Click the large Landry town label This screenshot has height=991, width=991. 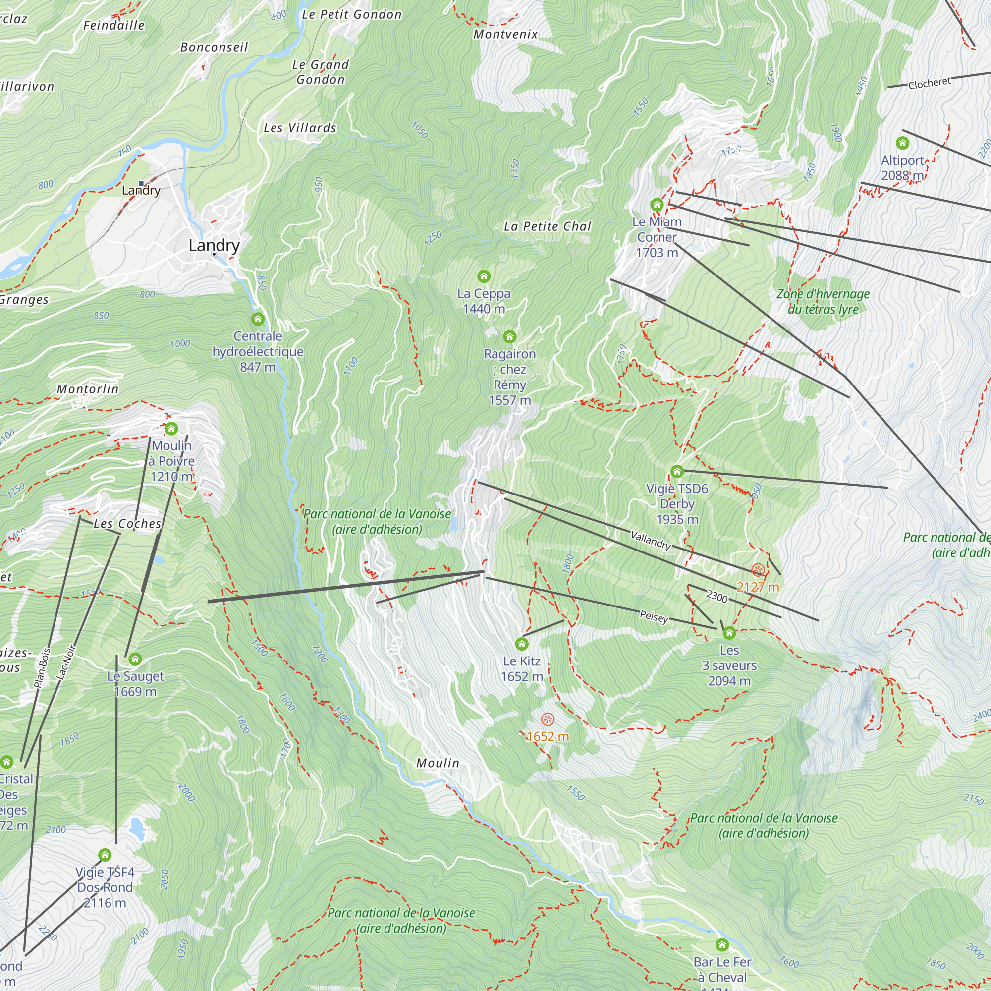coord(214,245)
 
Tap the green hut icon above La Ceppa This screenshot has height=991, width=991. coord(484,276)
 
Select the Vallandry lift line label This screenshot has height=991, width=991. coord(651,540)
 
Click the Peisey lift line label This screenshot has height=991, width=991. coord(654,616)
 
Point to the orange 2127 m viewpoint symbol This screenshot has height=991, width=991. coord(758,570)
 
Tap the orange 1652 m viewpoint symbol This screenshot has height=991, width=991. coord(548,719)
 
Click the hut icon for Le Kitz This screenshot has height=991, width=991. coord(522,644)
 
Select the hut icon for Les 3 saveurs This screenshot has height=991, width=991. coord(729,633)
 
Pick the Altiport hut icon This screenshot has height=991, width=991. coord(902,143)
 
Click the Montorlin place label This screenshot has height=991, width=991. coord(88,389)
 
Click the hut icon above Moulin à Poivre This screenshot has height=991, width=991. coord(171,428)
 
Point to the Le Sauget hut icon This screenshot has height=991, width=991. coord(135,659)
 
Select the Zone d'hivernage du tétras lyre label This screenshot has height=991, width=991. coord(823,302)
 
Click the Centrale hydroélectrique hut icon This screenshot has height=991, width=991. coord(258,320)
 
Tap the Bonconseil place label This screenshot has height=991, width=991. coord(214,47)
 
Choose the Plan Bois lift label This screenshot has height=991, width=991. coord(43,668)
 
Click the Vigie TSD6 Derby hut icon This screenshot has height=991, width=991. coord(677,471)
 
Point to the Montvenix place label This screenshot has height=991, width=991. coord(505,34)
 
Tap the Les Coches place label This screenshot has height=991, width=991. coord(127,524)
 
